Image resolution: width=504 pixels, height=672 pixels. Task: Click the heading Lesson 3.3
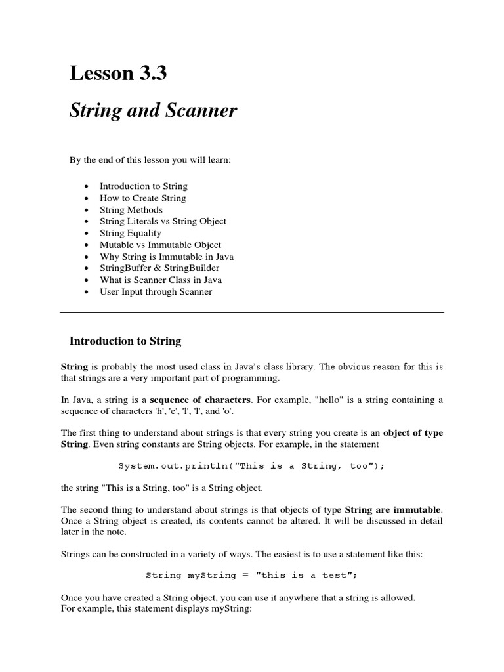(x=118, y=74)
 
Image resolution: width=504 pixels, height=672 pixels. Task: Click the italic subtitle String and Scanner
(x=153, y=112)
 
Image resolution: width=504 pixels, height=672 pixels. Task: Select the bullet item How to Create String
(x=142, y=198)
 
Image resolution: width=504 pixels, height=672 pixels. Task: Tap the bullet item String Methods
(x=131, y=209)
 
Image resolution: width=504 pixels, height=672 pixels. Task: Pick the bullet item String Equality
(x=130, y=233)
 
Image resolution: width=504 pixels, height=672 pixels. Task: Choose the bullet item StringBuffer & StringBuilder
(x=159, y=268)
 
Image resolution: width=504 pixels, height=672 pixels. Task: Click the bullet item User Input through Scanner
(x=156, y=292)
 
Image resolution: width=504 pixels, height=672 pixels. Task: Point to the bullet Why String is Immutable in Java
(x=166, y=257)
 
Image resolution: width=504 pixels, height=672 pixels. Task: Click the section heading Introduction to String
(x=125, y=341)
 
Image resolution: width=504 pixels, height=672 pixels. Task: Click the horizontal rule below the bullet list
(x=252, y=312)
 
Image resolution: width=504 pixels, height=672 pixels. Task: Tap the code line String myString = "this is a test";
(x=251, y=575)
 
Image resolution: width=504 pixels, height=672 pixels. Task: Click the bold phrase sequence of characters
(x=200, y=400)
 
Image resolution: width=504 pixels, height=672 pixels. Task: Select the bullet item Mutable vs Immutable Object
(x=160, y=245)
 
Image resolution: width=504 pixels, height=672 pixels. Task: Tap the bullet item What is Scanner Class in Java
(x=161, y=280)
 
